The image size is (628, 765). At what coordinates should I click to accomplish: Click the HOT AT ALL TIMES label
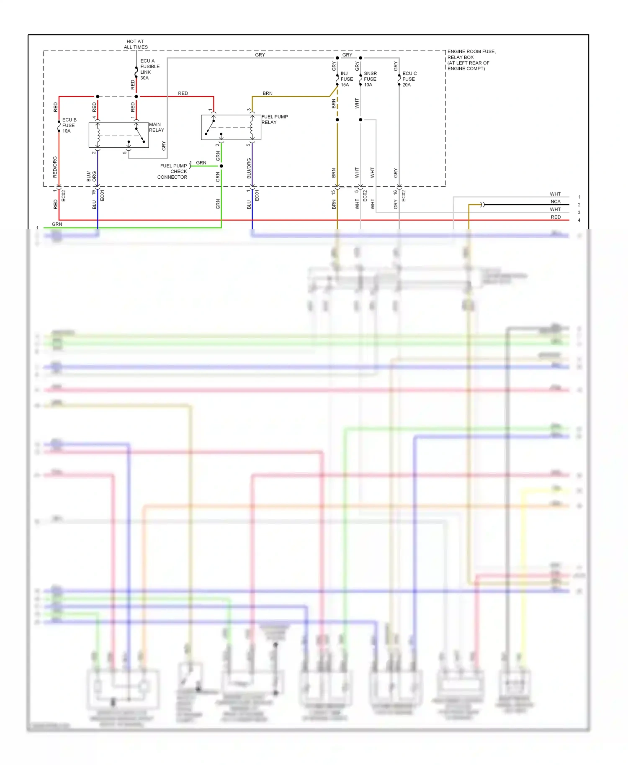tap(135, 44)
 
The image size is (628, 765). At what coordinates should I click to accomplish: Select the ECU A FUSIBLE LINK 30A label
tap(149, 69)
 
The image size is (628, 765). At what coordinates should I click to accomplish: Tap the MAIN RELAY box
tap(118, 135)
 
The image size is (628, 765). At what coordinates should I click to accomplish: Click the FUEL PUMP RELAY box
tap(231, 127)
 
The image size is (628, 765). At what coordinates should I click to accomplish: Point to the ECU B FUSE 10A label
tap(69, 125)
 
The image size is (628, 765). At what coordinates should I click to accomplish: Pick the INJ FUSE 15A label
tap(346, 79)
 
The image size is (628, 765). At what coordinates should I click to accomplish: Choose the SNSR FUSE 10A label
tap(370, 79)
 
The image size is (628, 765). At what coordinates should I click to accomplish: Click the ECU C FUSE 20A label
tap(409, 79)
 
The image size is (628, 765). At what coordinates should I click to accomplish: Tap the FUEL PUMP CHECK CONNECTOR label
tap(173, 172)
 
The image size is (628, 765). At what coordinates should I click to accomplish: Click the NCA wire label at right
tap(555, 202)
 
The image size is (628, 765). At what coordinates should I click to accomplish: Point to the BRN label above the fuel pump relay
tap(267, 93)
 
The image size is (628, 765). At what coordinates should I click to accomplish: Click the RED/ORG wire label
tap(55, 167)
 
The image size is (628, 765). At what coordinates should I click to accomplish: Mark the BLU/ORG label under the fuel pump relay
tap(249, 168)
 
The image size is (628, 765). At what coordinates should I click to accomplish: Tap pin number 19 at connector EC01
tap(93, 193)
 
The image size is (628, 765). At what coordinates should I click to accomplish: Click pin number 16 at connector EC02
tap(395, 193)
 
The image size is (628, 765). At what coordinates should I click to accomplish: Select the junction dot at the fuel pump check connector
tap(221, 166)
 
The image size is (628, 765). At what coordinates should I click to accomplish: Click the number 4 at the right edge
tap(579, 220)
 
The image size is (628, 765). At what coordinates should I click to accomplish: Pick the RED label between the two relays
tap(183, 93)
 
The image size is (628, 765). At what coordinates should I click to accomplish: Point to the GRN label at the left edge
tap(57, 224)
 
